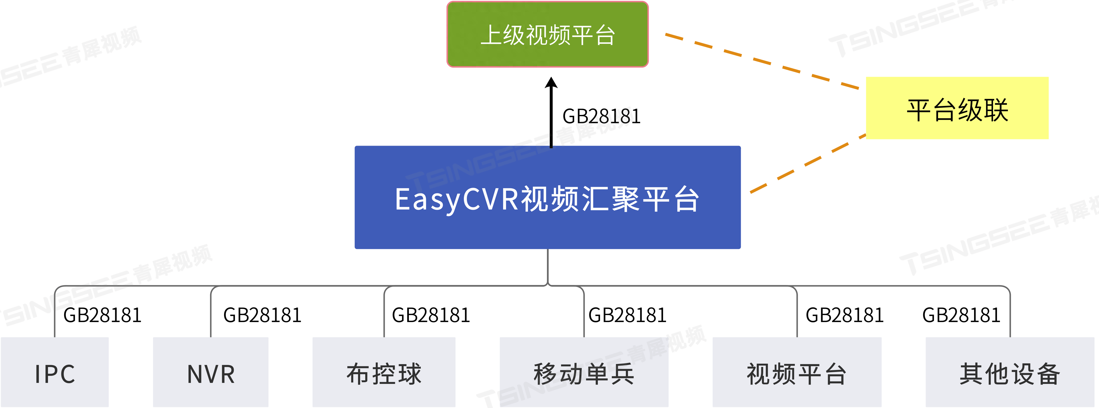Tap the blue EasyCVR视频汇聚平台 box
548,197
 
